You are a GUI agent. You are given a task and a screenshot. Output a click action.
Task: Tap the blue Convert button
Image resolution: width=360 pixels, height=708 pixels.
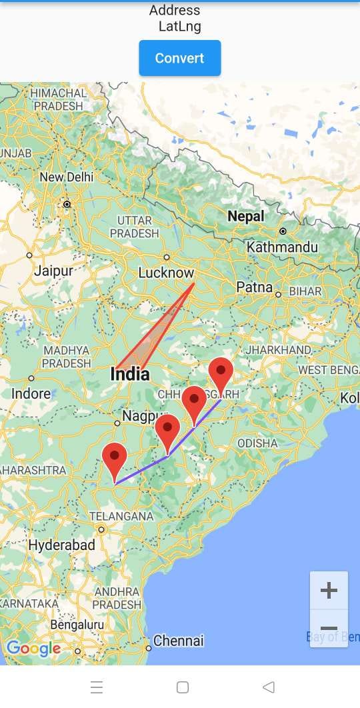(x=179, y=58)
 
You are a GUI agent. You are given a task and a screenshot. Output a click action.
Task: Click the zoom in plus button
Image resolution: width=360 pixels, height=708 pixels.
(x=329, y=590)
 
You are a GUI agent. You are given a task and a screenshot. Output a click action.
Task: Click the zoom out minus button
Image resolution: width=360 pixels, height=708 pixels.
(x=329, y=629)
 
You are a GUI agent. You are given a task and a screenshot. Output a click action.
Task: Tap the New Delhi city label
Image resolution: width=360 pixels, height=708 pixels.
(x=66, y=177)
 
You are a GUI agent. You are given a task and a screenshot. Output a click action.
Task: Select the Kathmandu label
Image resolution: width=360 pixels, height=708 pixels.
(x=282, y=247)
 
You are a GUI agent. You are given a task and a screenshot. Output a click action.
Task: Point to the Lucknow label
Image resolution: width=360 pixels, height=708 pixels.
(x=166, y=273)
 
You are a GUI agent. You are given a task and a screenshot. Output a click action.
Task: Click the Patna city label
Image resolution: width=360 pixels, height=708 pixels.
(x=255, y=287)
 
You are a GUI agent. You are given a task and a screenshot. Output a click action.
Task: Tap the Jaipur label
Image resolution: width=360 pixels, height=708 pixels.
(x=53, y=271)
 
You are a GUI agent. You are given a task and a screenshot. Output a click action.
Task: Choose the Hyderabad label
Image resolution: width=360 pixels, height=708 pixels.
(x=61, y=545)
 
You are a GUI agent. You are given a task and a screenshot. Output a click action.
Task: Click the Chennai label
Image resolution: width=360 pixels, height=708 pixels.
(x=178, y=641)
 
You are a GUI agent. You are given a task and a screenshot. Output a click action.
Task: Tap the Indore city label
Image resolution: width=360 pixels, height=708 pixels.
(x=31, y=393)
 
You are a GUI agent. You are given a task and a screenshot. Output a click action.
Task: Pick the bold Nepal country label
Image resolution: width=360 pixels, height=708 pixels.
(x=246, y=216)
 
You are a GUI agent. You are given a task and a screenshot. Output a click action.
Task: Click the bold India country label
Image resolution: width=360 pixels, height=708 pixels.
(x=130, y=374)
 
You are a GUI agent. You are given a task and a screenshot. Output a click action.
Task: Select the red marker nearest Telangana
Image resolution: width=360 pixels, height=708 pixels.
(x=115, y=457)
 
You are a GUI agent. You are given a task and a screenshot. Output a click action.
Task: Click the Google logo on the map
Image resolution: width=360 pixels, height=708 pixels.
(x=33, y=648)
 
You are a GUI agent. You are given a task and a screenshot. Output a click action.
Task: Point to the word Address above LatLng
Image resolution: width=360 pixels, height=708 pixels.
(x=175, y=10)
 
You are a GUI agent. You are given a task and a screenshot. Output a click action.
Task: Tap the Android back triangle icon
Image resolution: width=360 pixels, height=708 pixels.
(x=269, y=687)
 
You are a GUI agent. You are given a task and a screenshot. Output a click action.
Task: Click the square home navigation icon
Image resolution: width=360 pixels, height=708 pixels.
(x=183, y=687)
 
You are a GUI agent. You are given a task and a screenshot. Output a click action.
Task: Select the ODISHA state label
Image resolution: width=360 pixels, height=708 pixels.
(x=257, y=443)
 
